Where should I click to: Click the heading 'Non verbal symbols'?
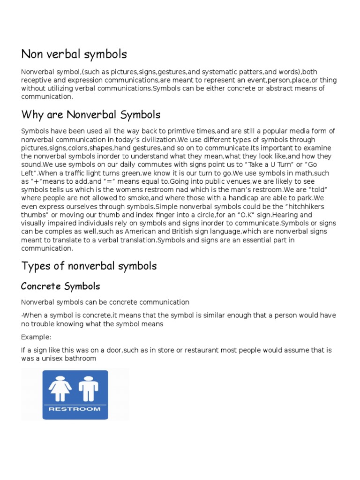[x=74, y=54]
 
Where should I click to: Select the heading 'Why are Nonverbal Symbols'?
[x=91, y=114]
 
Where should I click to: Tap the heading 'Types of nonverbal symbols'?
[x=89, y=266]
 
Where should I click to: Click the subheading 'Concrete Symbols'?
[x=60, y=286]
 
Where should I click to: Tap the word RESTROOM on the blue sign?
[x=75, y=409]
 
